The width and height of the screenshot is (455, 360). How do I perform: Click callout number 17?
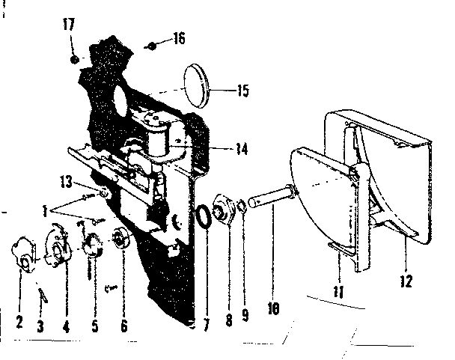[69, 25]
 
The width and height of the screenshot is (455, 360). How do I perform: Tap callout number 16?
[180, 38]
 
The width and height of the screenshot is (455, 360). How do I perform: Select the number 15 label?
[243, 91]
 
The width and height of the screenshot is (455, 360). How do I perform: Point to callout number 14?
[242, 149]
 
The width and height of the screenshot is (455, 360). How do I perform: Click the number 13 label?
[66, 182]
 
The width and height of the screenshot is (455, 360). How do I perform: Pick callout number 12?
[406, 281]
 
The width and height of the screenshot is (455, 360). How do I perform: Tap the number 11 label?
[339, 291]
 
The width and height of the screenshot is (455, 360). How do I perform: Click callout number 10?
[273, 308]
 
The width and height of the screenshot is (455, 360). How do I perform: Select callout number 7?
[207, 325]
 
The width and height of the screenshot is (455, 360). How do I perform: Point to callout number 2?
[19, 321]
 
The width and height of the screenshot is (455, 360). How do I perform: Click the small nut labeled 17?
[75, 60]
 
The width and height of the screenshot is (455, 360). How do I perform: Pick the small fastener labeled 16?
[152, 46]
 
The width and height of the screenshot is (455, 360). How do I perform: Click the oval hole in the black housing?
[120, 103]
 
